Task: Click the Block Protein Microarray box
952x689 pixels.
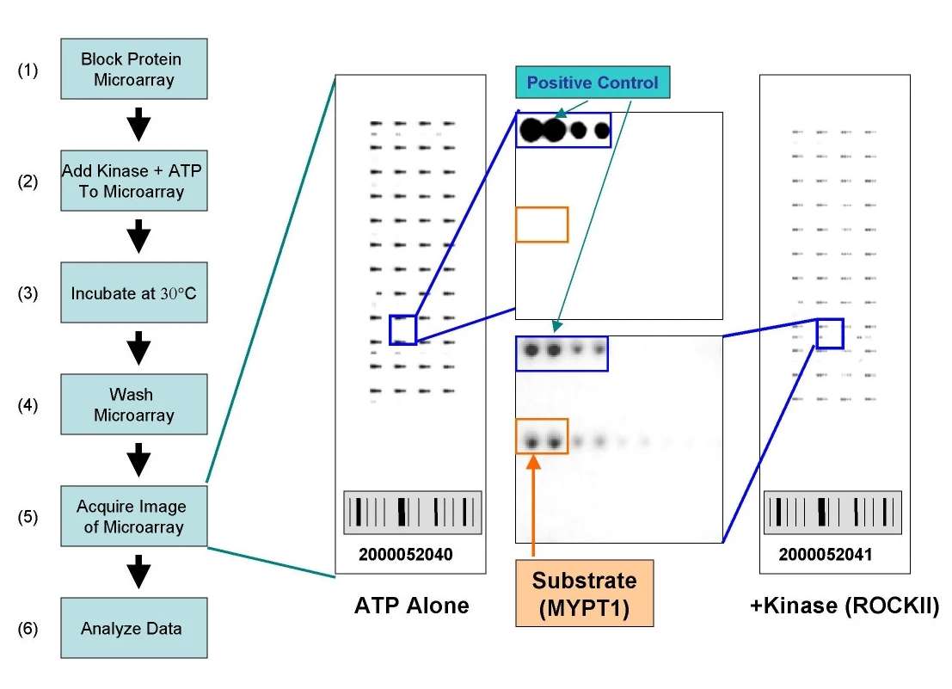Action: pos(133,69)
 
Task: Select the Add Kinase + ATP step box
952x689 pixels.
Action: pos(133,181)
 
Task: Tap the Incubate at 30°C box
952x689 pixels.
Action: pos(133,292)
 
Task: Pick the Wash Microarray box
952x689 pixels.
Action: pos(133,404)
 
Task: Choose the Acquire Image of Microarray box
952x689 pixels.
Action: pos(133,515)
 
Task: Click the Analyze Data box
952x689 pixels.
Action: pos(133,628)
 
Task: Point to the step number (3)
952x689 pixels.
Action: pos(28,292)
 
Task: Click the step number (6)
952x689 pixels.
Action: pos(28,628)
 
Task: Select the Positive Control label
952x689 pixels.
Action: pos(592,83)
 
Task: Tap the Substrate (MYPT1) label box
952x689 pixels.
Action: pos(583,593)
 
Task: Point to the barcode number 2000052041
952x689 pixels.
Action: pos(825,555)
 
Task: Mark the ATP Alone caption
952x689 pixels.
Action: pos(411,606)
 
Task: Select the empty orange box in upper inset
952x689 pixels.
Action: pos(542,225)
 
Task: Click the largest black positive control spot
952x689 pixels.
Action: pos(531,130)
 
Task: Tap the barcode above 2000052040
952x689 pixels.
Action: pos(413,513)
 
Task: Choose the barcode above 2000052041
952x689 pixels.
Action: pos(832,513)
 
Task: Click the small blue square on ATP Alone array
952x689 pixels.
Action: pos(402,329)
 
